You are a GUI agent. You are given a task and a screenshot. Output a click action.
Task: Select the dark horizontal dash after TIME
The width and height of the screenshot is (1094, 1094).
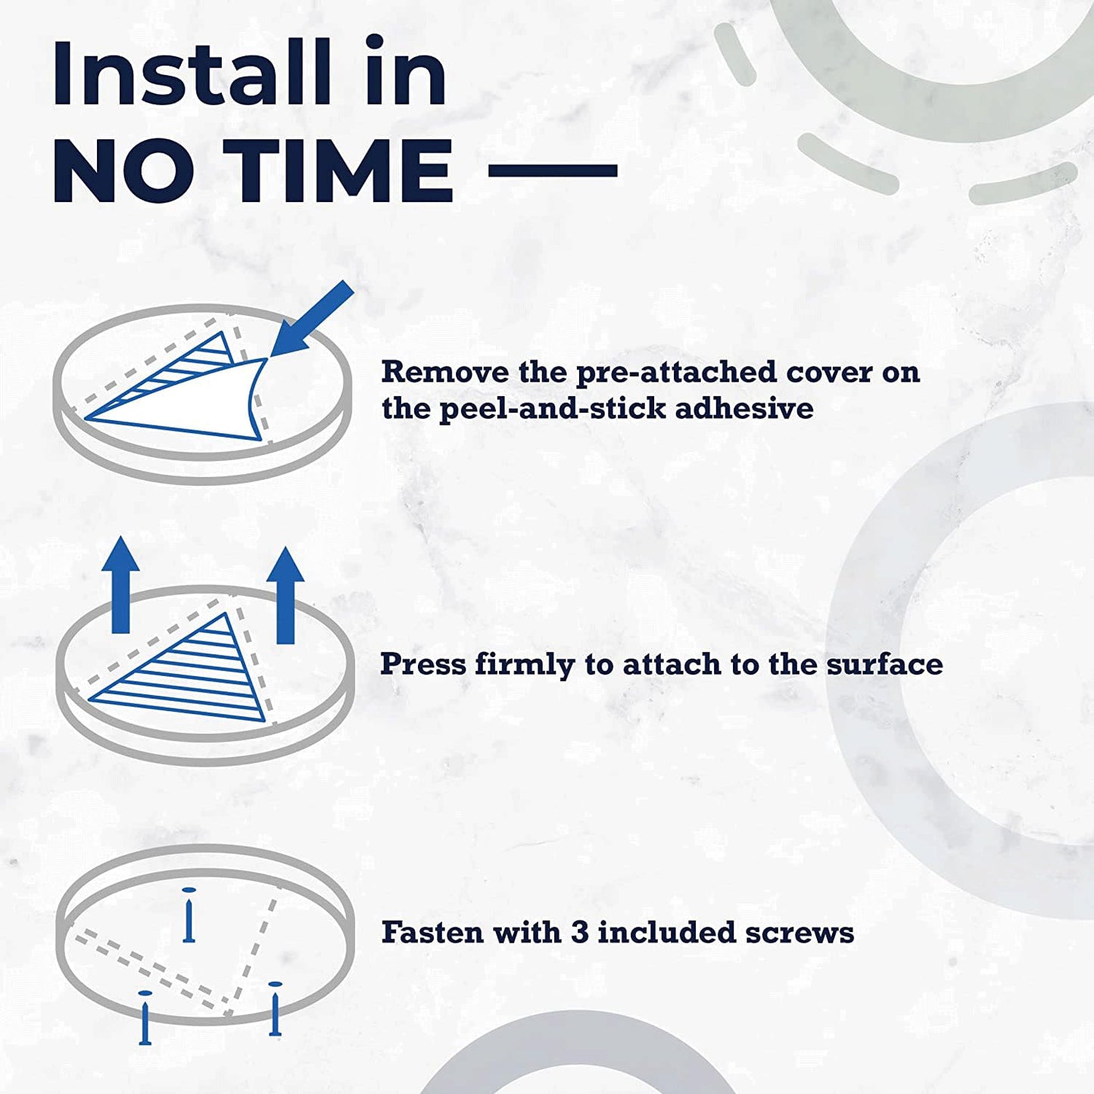(553, 170)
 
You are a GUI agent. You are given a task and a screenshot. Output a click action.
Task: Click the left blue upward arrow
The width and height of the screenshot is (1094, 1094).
(121, 584)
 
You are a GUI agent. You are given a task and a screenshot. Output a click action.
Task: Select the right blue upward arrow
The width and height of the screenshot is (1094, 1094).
(285, 595)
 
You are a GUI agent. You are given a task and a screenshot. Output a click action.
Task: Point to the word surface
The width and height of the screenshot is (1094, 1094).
(884, 664)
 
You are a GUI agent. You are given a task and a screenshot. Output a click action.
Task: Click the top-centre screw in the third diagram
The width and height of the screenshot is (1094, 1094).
(189, 915)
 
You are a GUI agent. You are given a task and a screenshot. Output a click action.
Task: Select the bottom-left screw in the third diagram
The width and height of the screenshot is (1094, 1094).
(145, 1018)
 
